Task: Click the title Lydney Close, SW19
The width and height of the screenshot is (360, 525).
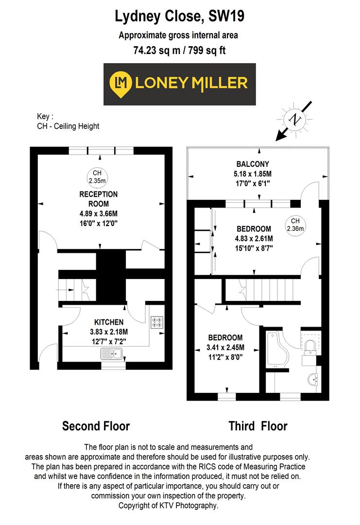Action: point(179,17)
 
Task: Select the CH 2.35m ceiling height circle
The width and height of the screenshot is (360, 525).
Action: point(96,177)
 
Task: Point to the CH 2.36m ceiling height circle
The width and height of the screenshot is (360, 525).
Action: point(295,224)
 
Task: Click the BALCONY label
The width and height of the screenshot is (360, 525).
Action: point(253,164)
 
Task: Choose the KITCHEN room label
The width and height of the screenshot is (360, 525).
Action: point(108,322)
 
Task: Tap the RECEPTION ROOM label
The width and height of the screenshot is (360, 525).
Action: point(99,199)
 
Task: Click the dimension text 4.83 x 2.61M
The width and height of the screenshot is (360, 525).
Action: point(254,238)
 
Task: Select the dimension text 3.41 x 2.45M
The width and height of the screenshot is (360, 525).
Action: point(225,347)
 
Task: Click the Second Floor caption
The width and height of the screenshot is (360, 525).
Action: point(96,426)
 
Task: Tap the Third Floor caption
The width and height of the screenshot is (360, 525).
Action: point(258,426)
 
